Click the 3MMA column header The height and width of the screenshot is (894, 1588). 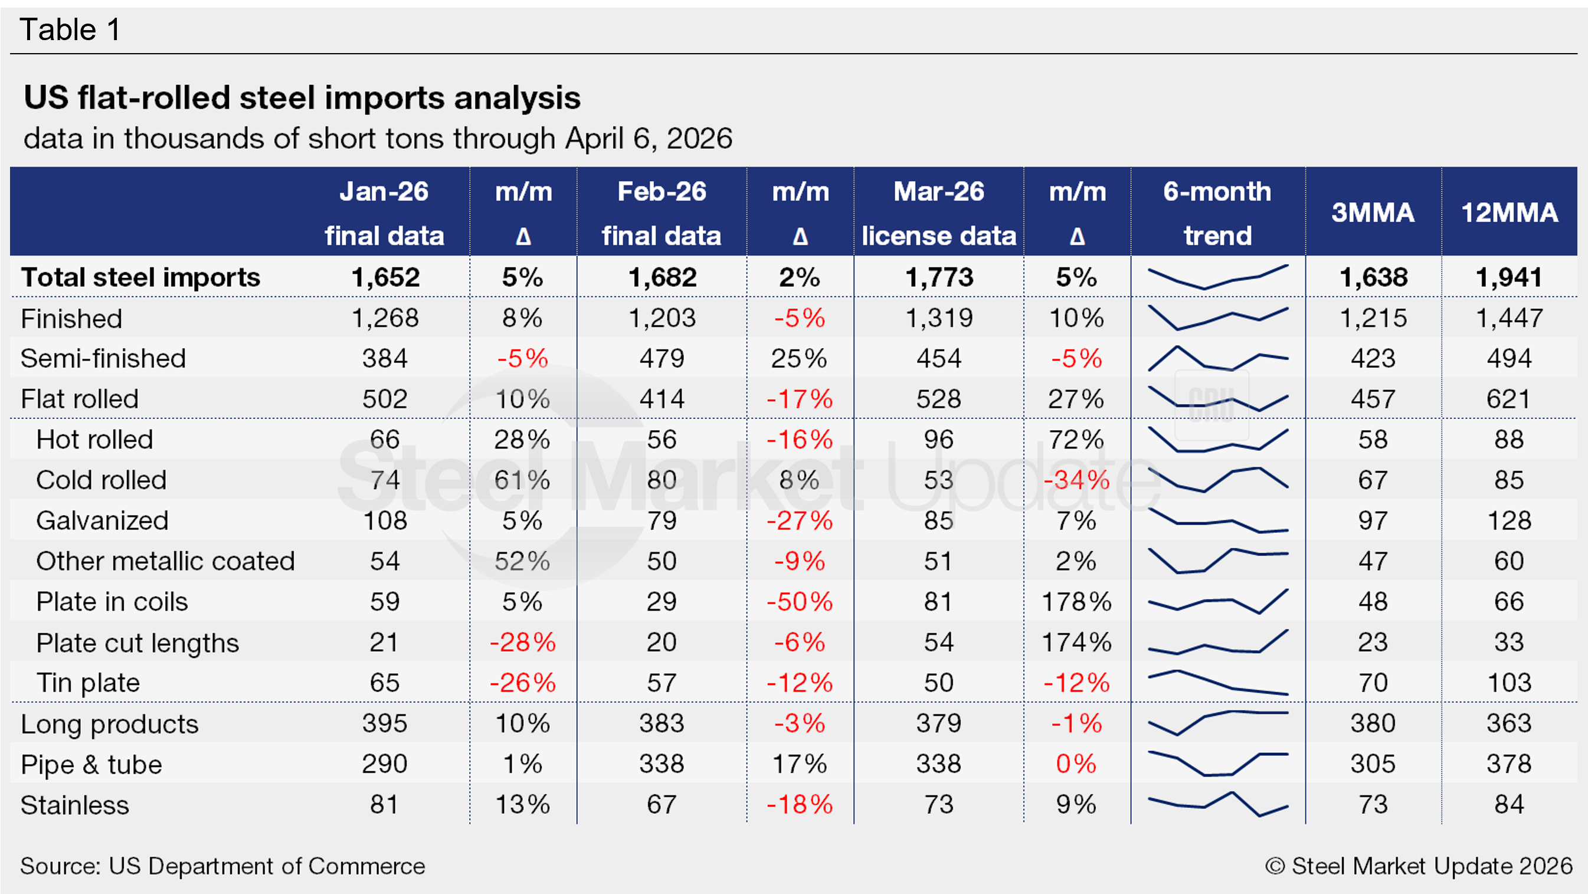pos(1373,212)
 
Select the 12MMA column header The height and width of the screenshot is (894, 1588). pos(1509,212)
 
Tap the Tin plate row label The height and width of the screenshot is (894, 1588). pos(88,683)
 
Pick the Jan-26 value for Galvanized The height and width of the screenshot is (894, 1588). pos(385,520)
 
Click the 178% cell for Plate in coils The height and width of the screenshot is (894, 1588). pos(1076,601)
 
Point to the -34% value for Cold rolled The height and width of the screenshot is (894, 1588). pos(1076,480)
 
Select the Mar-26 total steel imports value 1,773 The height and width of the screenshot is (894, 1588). pos(939,277)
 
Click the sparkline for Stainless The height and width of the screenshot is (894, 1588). pos(1217,804)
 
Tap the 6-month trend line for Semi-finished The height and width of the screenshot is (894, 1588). pos(1217,359)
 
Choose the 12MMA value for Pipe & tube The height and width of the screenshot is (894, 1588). pos(1508,764)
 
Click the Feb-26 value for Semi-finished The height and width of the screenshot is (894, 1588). pos(662,358)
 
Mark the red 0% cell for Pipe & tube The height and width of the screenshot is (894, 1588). pos(1076,764)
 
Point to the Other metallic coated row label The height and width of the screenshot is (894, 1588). pos(165,561)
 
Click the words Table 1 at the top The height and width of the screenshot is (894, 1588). pos(70,30)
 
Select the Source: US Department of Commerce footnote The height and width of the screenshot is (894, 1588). pos(222,866)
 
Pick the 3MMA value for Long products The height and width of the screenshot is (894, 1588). pos(1373,723)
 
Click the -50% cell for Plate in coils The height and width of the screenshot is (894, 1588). pos(800,601)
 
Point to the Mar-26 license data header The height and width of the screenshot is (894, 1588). pos(939,212)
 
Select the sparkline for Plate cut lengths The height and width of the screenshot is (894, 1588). pos(1217,642)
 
